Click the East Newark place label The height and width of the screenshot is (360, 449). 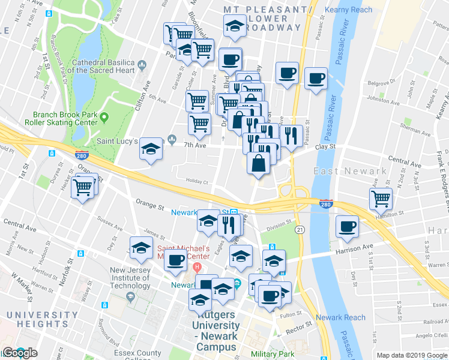[351, 171]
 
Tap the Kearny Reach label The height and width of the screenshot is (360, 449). [348, 10]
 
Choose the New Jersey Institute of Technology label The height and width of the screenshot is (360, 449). [130, 278]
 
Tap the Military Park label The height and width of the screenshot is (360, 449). [274, 355]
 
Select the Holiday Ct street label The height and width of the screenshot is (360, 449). [196, 181]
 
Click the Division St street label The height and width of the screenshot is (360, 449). [279, 226]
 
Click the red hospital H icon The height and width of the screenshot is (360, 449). [197, 266]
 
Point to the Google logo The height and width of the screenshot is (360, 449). [19, 353]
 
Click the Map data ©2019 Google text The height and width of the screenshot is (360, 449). [412, 355]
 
